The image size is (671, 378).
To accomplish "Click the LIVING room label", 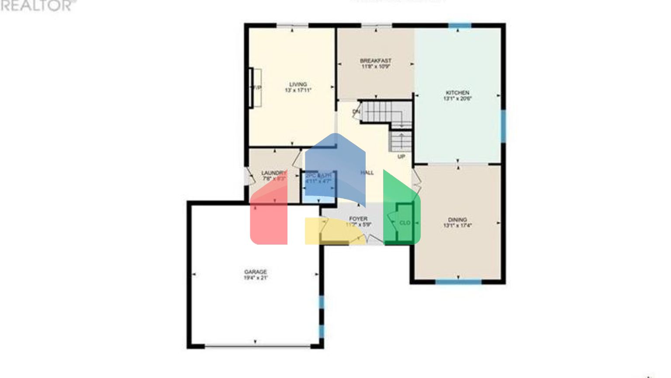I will (298, 84).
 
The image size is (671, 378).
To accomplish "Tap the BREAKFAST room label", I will (376, 61).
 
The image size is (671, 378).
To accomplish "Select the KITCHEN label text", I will (457, 93).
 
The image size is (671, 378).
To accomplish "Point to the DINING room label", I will (457, 220).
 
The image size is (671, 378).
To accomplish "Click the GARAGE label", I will (256, 272).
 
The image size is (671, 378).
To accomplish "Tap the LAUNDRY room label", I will (274, 173).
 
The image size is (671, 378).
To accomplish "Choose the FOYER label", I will (358, 219).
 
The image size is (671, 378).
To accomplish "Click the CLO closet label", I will (405, 223).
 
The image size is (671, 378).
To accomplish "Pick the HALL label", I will (367, 173).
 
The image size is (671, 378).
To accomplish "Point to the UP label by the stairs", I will (401, 157).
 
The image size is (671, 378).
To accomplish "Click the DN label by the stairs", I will (356, 112).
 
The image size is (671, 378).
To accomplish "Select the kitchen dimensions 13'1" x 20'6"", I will (457, 99).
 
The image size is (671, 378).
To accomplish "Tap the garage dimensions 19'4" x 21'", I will (256, 278).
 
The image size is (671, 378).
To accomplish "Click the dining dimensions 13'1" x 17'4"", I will (457, 226).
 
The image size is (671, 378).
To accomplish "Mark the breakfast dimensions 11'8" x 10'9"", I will (376, 67).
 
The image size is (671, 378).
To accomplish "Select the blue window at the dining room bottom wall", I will (458, 282).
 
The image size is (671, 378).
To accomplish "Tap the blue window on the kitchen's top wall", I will (460, 25).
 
